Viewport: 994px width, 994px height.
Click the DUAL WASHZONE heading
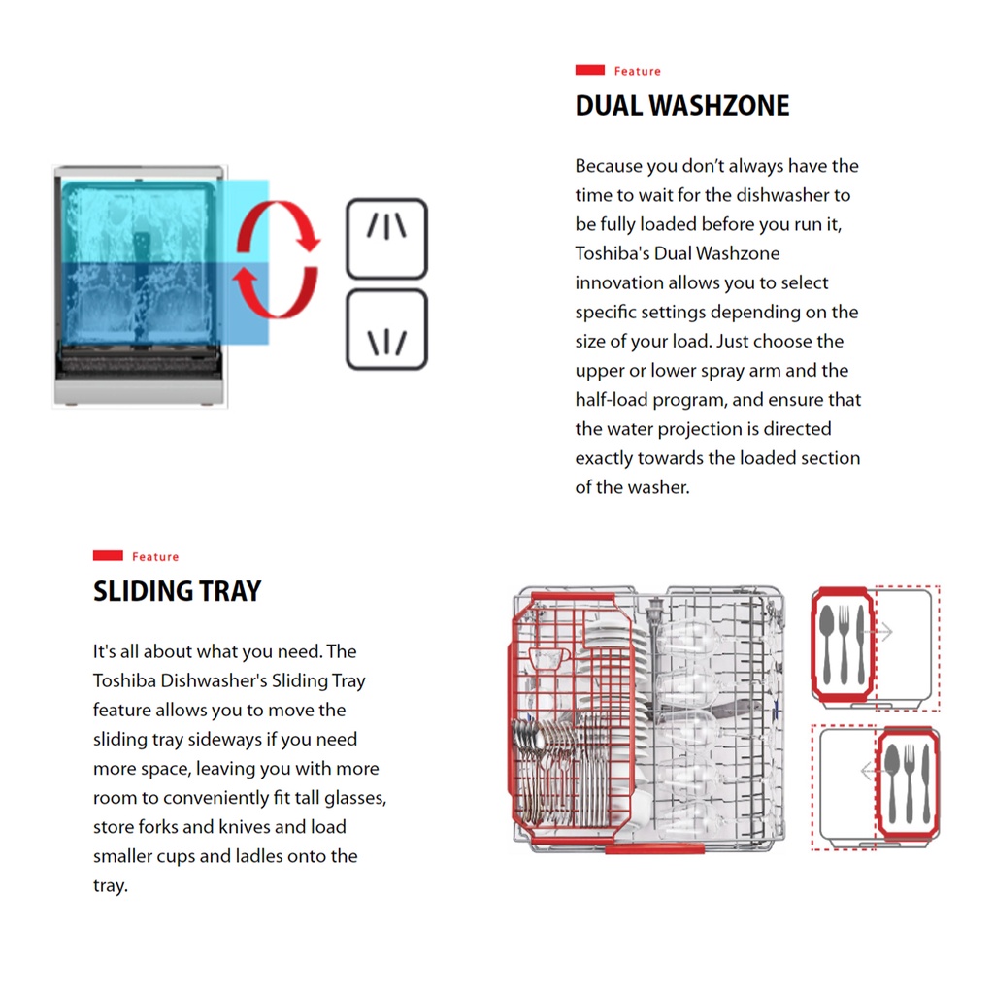[682, 105]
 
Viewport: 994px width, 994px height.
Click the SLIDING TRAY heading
[177, 591]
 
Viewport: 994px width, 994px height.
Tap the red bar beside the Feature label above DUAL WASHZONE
[590, 71]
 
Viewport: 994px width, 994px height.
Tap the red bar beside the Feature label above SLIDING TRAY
[108, 556]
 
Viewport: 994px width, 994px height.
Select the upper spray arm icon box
[387, 238]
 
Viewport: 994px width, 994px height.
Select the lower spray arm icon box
[387, 329]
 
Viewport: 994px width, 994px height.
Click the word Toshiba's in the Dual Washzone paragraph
[611, 253]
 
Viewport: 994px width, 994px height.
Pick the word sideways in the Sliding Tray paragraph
[223, 739]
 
